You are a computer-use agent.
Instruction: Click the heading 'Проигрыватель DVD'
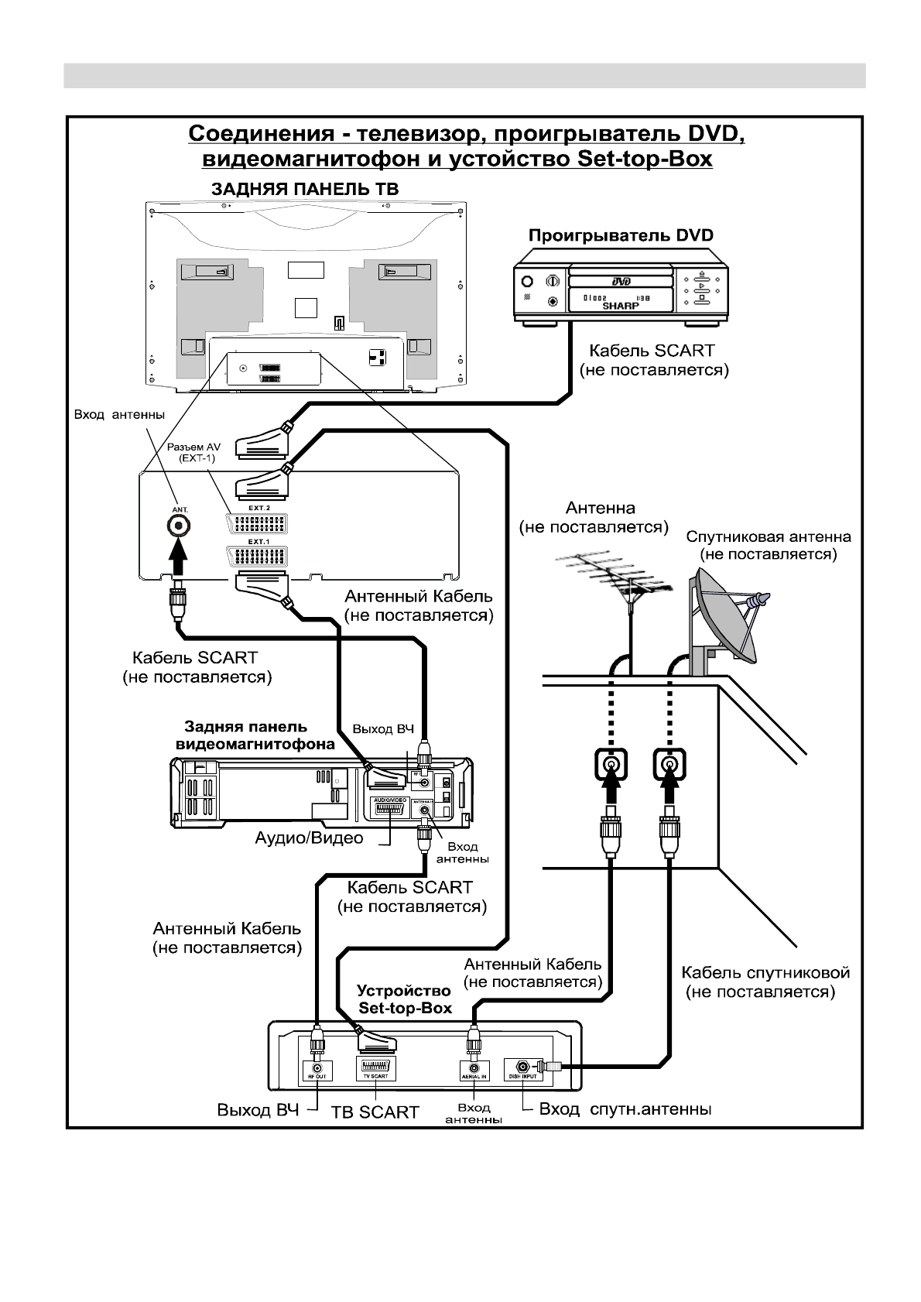(620, 235)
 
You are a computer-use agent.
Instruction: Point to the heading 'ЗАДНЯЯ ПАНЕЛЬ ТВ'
(306, 190)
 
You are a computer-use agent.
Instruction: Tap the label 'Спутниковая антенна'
(769, 536)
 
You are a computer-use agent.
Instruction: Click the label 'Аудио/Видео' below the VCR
(309, 838)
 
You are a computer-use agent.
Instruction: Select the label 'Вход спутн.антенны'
(625, 1109)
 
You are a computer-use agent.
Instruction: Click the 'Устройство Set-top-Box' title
(405, 999)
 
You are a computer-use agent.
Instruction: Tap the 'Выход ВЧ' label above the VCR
(383, 729)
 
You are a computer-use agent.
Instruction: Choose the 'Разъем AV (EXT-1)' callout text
(193, 453)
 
